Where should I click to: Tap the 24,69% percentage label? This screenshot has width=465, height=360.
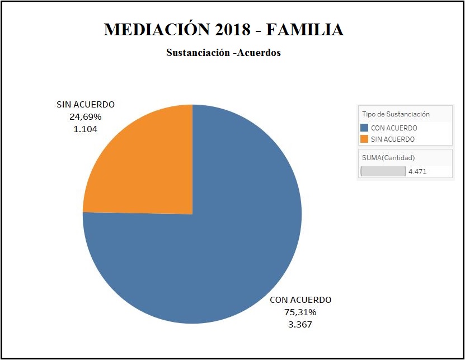[86, 116]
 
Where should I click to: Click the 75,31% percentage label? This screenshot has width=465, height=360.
[300, 312]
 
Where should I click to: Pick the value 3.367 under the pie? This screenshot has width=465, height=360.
[300, 324]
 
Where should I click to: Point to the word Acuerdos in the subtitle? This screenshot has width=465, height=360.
[259, 53]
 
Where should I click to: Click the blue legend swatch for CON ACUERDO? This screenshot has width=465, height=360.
[365, 128]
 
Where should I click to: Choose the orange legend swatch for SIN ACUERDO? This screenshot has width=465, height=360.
[365, 139]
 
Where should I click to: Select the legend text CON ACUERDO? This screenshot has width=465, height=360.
[394, 128]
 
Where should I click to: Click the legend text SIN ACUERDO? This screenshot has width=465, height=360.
[393, 139]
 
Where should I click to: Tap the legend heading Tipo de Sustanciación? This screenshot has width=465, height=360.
[396, 114]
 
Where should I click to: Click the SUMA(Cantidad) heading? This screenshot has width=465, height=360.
[388, 158]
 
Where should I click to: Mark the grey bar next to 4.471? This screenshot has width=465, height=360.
[383, 171]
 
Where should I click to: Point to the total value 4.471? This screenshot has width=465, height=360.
[417, 172]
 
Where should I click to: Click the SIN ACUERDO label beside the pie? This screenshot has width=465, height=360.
[86, 105]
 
